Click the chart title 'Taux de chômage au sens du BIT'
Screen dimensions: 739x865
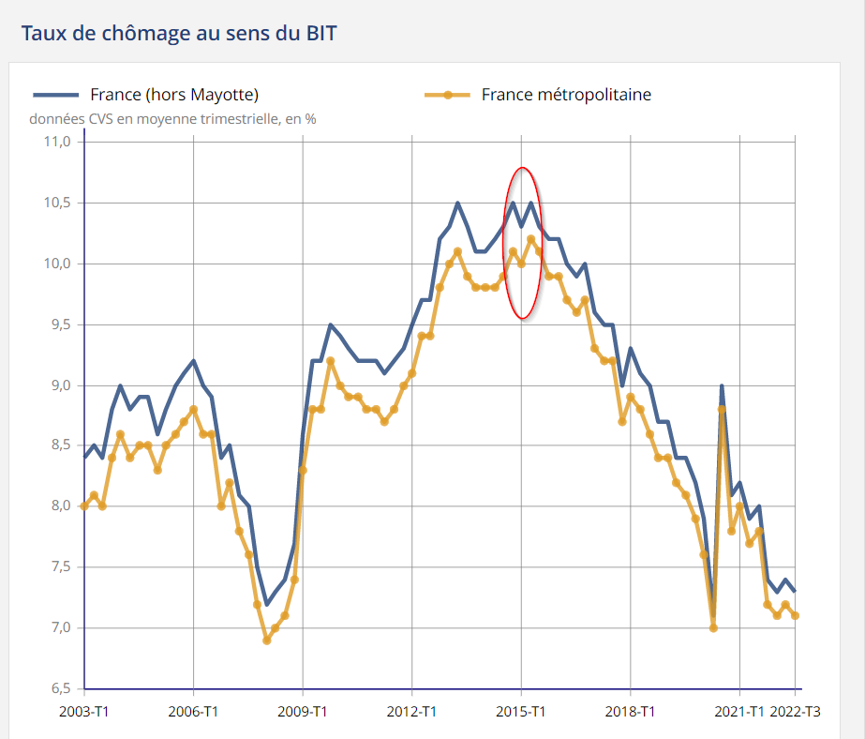click(178, 34)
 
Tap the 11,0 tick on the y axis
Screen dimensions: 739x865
click(58, 142)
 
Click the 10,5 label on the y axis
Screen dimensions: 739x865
click(58, 203)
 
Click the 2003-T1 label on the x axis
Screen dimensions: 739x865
click(84, 712)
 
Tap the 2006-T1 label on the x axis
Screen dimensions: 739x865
click(193, 712)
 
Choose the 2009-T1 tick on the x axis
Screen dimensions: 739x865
click(303, 712)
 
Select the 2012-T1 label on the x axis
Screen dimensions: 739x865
click(412, 712)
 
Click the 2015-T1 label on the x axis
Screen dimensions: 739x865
click(521, 712)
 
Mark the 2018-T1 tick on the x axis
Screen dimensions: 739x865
click(631, 712)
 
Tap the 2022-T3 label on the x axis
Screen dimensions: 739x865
click(796, 712)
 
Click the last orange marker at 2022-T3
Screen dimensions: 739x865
click(796, 615)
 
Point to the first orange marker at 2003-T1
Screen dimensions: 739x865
click(84, 506)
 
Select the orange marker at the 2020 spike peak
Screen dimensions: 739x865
click(722, 409)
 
